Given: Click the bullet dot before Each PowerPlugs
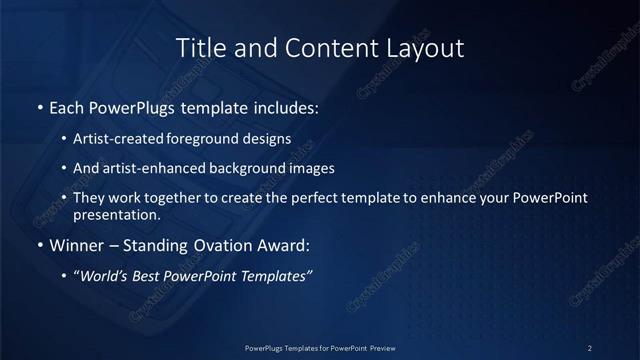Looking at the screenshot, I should pyautogui.click(x=39, y=107).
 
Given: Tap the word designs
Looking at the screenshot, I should pyautogui.click(x=269, y=139).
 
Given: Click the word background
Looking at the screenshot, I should pyautogui.click(x=245, y=168).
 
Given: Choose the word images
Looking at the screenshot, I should pyautogui.click(x=309, y=168).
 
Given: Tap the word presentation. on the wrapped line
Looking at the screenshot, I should pyautogui.click(x=116, y=214).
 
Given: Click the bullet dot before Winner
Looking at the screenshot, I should pyautogui.click(x=39, y=245).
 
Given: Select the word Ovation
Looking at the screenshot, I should pyautogui.click(x=219, y=245).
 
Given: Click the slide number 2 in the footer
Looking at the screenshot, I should pyautogui.click(x=590, y=347).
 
